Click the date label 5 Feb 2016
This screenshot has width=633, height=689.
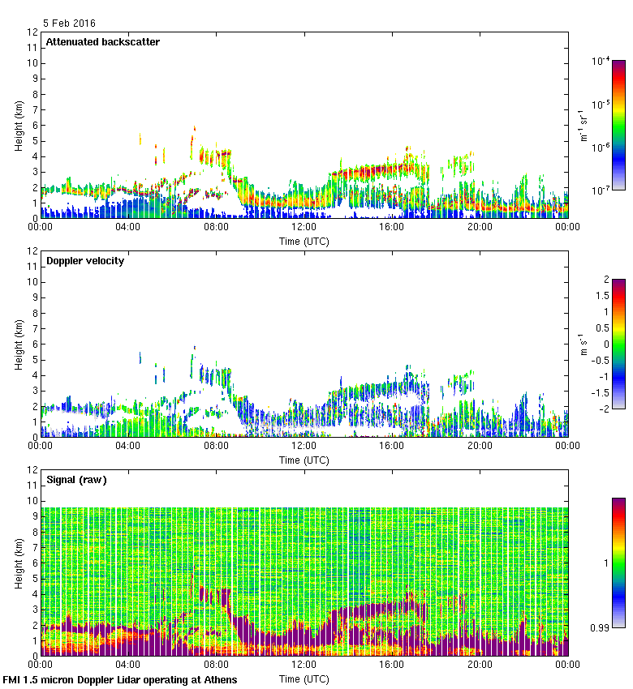(70, 24)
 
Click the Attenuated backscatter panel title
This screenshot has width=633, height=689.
(102, 42)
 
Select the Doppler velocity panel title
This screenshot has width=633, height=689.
(84, 261)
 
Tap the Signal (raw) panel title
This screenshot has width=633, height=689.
(76, 480)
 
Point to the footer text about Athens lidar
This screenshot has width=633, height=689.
(120, 680)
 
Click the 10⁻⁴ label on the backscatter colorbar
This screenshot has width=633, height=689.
(601, 61)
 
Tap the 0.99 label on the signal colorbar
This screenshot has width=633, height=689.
(601, 627)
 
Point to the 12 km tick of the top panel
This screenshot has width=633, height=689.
(33, 32)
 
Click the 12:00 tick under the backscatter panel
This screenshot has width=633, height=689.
(304, 227)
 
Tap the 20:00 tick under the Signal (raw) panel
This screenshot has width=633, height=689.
(480, 665)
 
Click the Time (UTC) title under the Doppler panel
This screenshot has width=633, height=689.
(304, 460)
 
